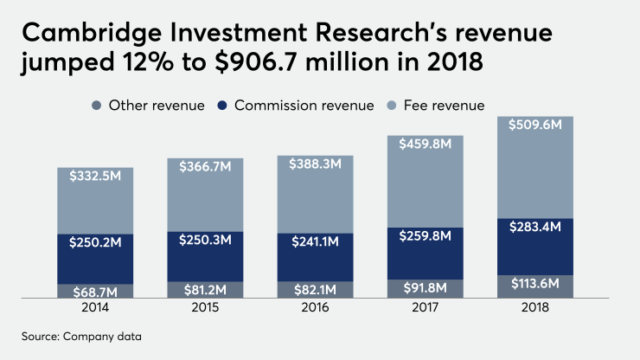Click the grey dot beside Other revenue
95,106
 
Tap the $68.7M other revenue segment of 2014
95,292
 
